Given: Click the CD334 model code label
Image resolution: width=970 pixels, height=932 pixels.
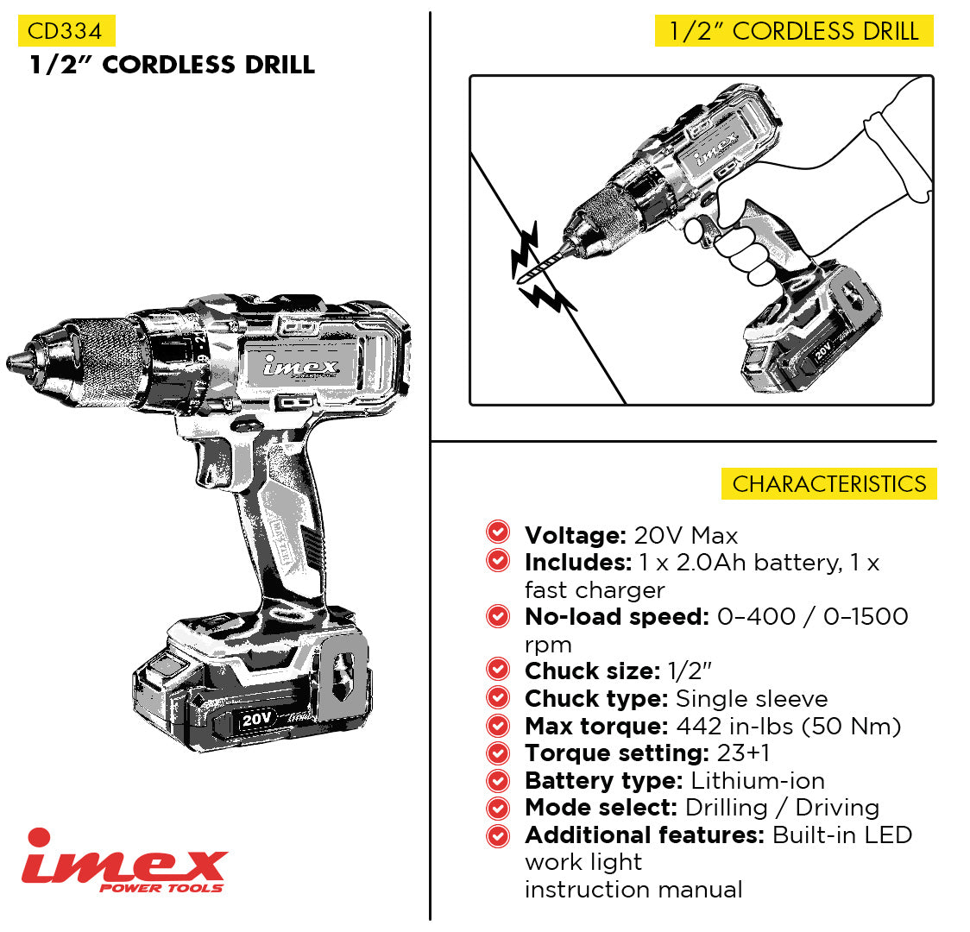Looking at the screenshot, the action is pos(66,31).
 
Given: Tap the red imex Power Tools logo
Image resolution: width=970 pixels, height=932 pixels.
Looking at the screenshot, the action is pos(124,861).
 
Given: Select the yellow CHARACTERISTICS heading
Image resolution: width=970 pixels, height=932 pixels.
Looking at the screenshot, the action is pos(829,483).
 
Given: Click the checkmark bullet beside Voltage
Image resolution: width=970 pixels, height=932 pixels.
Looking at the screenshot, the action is pos(498,532).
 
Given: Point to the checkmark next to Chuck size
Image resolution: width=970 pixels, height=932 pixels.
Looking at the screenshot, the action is pos(498,669).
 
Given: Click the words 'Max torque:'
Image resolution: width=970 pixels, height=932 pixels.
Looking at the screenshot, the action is pos(596,726).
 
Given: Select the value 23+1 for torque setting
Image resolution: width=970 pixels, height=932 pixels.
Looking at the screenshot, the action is pos(744,753).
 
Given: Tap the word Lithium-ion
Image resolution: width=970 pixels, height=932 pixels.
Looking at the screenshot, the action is pos(758,780).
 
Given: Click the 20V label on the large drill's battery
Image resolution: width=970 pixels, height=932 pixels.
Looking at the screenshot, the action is pos(256,719).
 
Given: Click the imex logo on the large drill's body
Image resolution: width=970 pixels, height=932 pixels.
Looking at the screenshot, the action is pos(300,366).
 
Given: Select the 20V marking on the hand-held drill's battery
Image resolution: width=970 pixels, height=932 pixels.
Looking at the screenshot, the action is pos(822,351).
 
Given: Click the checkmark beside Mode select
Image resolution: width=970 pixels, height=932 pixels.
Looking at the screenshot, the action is pos(498,808).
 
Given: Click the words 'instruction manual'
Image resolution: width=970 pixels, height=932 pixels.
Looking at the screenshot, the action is pos(633,890).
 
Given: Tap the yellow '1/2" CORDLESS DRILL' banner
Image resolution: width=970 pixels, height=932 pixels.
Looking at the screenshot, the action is pos(794,31).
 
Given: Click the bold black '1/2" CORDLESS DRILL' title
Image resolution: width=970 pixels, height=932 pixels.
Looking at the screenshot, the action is pos(173,65).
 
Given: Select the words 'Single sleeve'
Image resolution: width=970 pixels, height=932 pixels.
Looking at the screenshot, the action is pos(752,699).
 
